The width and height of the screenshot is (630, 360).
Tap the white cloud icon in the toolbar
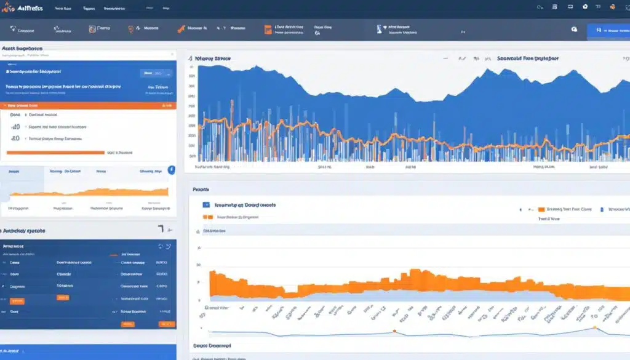click(x=574, y=29)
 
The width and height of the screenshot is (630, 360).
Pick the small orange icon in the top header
click(x=612, y=7)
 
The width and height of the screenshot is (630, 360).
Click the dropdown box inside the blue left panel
click(x=156, y=73)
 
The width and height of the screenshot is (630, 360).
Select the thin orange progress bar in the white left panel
click(x=55, y=152)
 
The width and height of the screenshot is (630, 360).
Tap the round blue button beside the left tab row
click(x=171, y=169)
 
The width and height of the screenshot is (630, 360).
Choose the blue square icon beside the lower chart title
click(x=207, y=206)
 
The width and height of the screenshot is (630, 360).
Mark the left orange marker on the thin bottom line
click(x=394, y=332)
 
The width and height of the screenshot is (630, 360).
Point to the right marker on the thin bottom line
click(x=596, y=327)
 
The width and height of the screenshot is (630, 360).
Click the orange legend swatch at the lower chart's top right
click(x=541, y=209)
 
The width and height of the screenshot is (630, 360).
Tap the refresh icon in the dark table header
click(x=161, y=246)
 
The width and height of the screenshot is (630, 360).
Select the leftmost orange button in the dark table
click(x=17, y=301)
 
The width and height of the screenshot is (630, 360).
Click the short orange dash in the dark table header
click(x=113, y=254)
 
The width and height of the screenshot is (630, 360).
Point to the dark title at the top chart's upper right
click(x=528, y=58)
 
